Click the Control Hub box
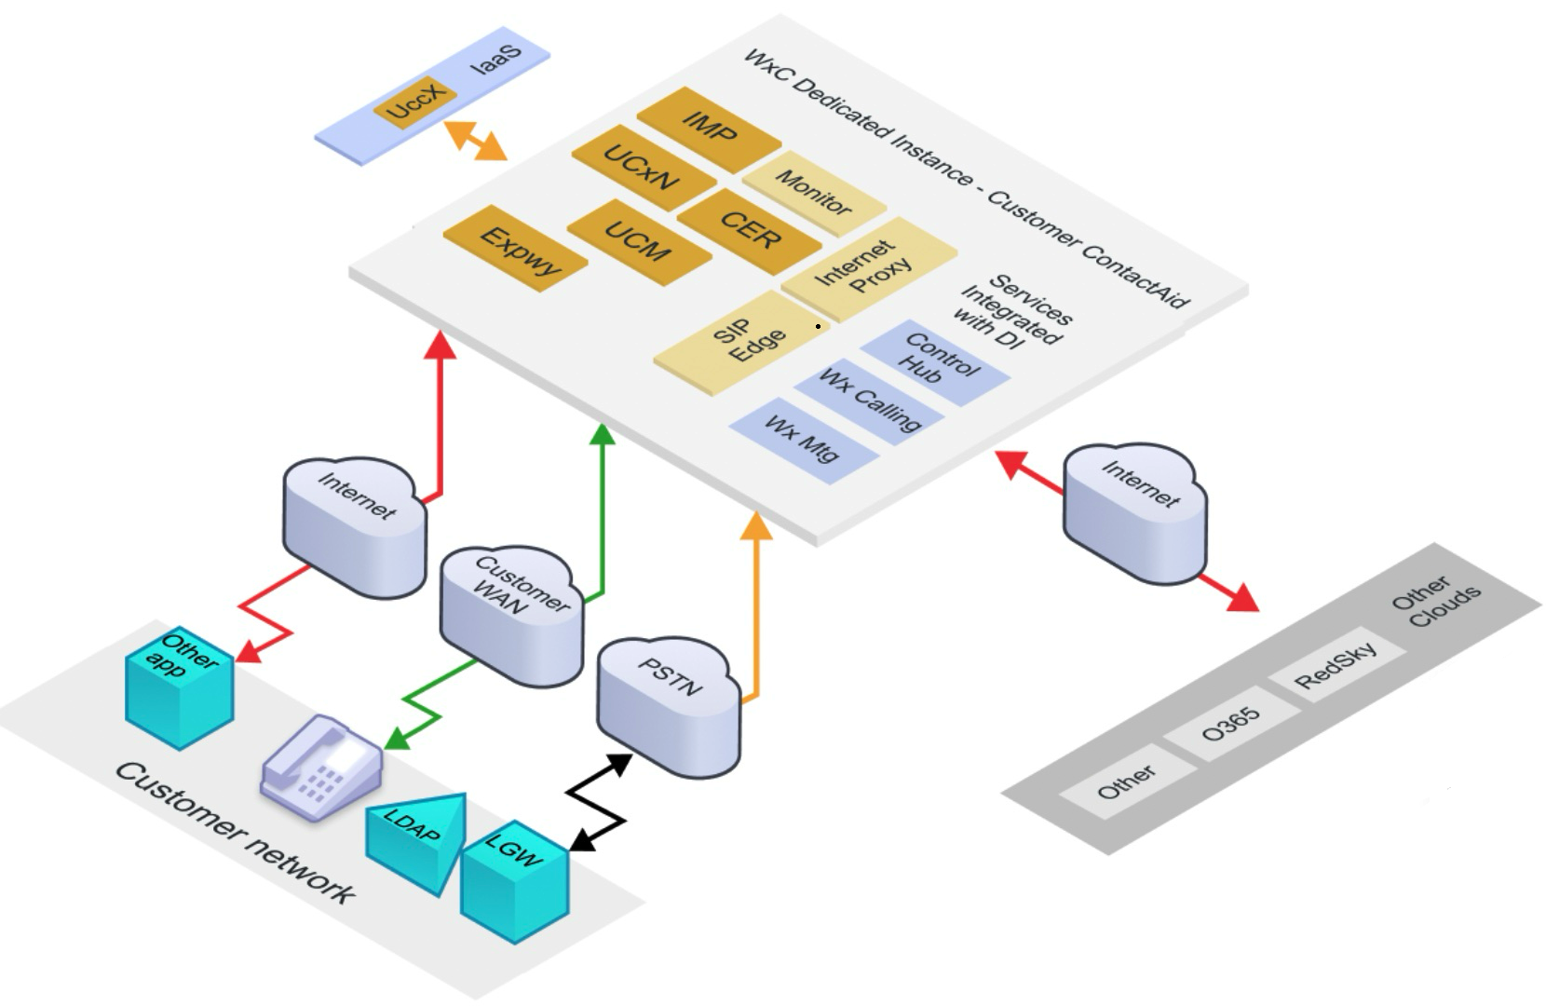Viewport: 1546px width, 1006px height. [x=936, y=362]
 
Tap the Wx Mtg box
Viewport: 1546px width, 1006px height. [x=803, y=440]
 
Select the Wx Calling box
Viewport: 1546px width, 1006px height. [x=869, y=401]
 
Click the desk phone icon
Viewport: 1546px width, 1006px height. [x=321, y=768]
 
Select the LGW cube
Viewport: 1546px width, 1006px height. [x=515, y=885]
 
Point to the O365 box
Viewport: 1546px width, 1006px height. [x=1231, y=724]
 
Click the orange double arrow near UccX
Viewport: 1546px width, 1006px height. [x=476, y=140]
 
